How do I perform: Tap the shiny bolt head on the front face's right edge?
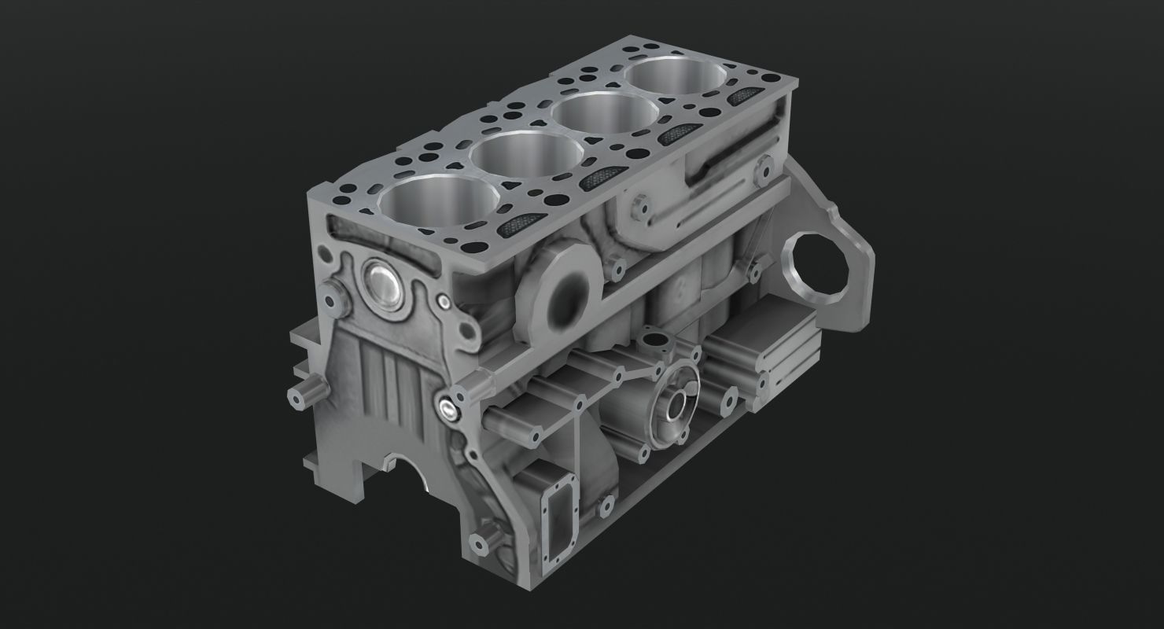click(448, 406)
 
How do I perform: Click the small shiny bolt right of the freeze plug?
click(445, 301)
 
